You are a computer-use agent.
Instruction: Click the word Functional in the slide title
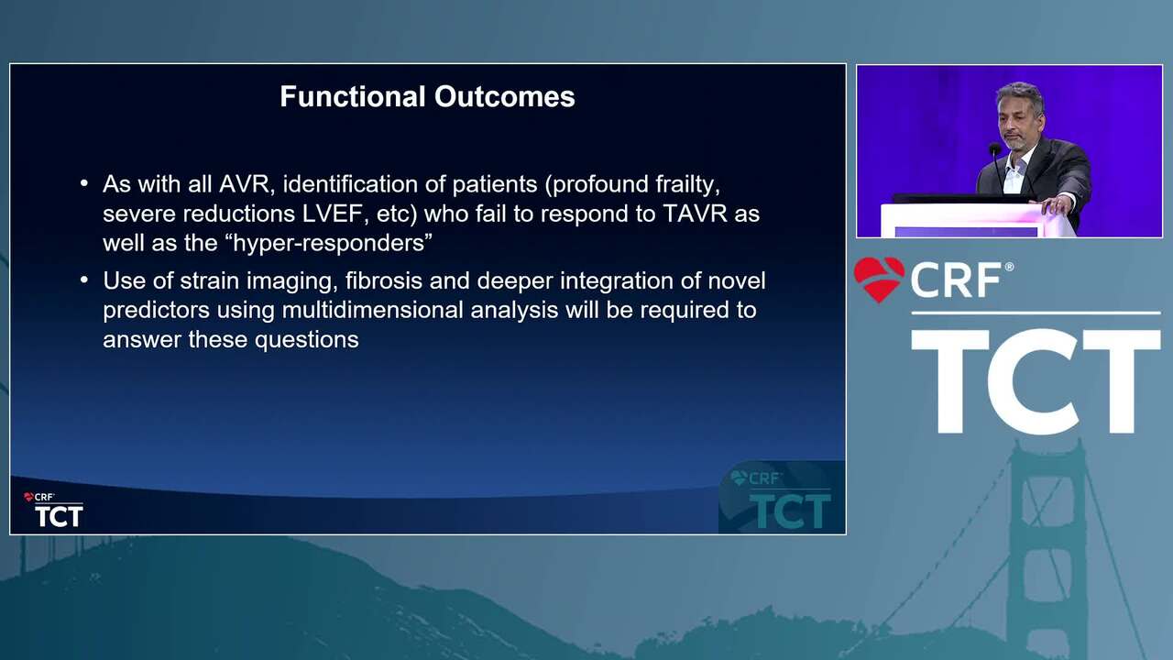[353, 96]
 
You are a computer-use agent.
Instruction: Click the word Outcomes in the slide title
[504, 96]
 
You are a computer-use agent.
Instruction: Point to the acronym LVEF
[332, 214]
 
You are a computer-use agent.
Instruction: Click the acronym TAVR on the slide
[695, 214]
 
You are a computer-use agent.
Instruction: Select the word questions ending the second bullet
[306, 340]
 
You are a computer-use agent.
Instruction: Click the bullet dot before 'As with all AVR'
[83, 184]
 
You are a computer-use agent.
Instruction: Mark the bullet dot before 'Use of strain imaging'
[83, 280]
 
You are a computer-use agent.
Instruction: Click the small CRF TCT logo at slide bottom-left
[53, 510]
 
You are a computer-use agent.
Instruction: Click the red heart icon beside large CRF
[879, 280]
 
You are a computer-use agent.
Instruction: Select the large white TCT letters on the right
[1036, 381]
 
